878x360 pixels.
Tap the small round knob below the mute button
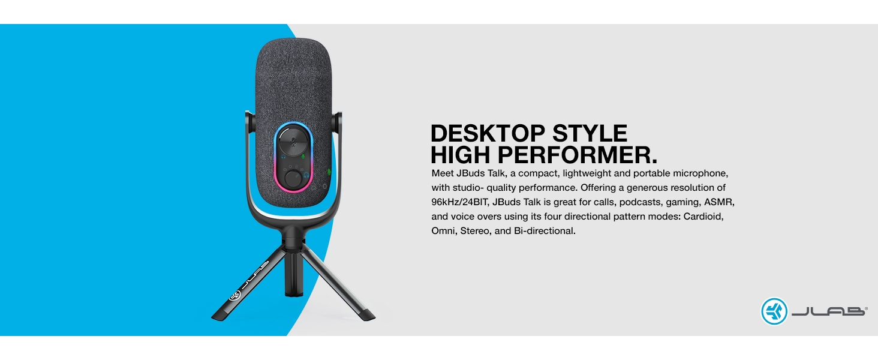tap(293, 178)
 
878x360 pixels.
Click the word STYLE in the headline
tap(590, 133)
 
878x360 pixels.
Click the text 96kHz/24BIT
tap(460, 202)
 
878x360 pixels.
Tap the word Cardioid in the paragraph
tap(703, 216)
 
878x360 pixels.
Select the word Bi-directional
tap(545, 230)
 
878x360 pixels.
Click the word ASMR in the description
tap(719, 202)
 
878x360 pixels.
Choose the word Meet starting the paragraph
tap(443, 173)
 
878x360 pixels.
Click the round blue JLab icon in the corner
tap(774, 311)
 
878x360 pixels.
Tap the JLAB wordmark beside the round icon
tap(829, 311)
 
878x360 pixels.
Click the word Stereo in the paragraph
tap(474, 230)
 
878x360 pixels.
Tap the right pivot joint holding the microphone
tap(337, 122)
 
